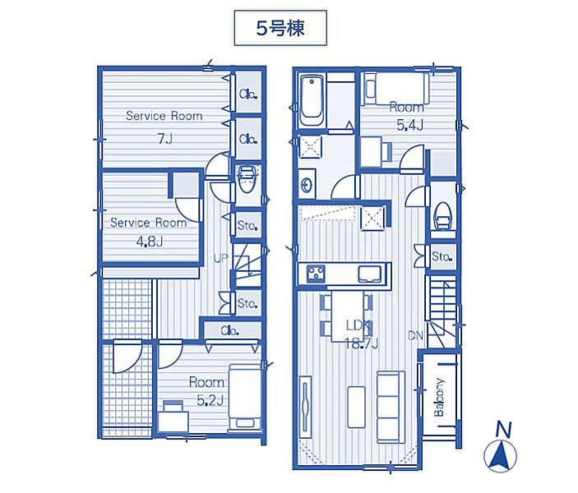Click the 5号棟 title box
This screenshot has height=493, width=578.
[x=280, y=28]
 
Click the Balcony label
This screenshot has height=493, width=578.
[x=439, y=398]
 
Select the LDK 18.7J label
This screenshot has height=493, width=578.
[x=360, y=334]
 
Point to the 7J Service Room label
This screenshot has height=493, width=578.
[x=164, y=127]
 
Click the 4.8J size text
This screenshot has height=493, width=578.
[x=150, y=242]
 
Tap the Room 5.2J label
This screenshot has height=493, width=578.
[x=207, y=391]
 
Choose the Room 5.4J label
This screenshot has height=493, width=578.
[x=407, y=116]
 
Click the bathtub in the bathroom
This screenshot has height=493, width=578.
[x=312, y=100]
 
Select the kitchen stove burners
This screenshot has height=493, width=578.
[x=316, y=274]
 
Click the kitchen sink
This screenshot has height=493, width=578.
[x=369, y=274]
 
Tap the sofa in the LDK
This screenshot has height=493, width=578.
[x=391, y=407]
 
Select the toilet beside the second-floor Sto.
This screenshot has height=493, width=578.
[x=442, y=217]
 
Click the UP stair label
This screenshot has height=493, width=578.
[x=221, y=259]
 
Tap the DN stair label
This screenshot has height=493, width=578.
[x=415, y=336]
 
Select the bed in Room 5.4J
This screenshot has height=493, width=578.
[x=397, y=89]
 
